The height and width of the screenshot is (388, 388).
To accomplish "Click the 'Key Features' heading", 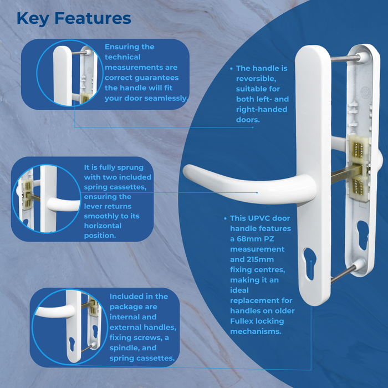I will [74, 18].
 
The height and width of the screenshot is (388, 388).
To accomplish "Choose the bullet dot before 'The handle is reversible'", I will [231, 69].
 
